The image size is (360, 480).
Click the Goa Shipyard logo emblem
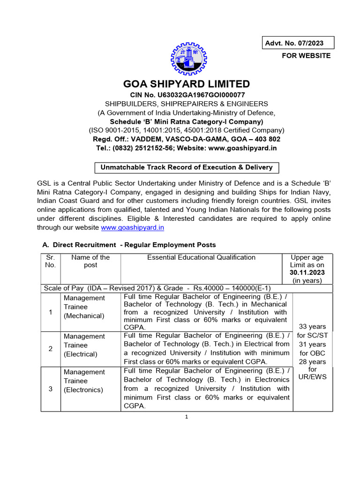(x=187, y=59)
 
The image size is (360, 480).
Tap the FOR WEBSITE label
(x=306, y=56)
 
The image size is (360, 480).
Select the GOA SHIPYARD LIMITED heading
(x=187, y=84)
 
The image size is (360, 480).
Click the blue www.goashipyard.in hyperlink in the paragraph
(x=132, y=228)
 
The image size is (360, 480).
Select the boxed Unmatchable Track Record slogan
(x=187, y=167)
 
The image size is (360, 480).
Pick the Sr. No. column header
(x=50, y=261)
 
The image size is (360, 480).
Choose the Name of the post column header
(x=90, y=261)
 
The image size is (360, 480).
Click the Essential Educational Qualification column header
(x=201, y=257)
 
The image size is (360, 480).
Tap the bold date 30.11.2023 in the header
(x=307, y=272)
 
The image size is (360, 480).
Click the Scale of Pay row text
(x=157, y=288)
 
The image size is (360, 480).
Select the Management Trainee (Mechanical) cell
(x=84, y=307)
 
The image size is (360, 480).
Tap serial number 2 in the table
(x=50, y=349)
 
